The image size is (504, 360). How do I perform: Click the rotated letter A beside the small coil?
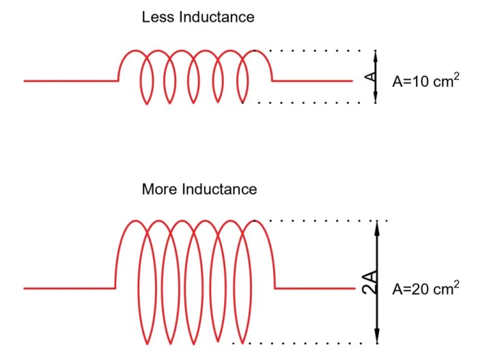coord(370,77)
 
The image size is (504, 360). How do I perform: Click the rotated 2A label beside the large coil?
coord(369,281)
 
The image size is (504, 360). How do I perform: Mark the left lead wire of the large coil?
coord(69,288)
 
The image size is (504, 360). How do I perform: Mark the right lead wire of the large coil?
coord(314,288)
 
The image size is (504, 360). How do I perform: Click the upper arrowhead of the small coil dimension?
coord(376,54)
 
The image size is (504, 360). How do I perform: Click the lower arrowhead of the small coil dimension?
coord(376,99)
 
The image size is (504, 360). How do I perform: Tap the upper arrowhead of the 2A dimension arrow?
coord(376,225)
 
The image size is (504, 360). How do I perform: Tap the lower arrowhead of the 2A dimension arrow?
coord(376,338)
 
